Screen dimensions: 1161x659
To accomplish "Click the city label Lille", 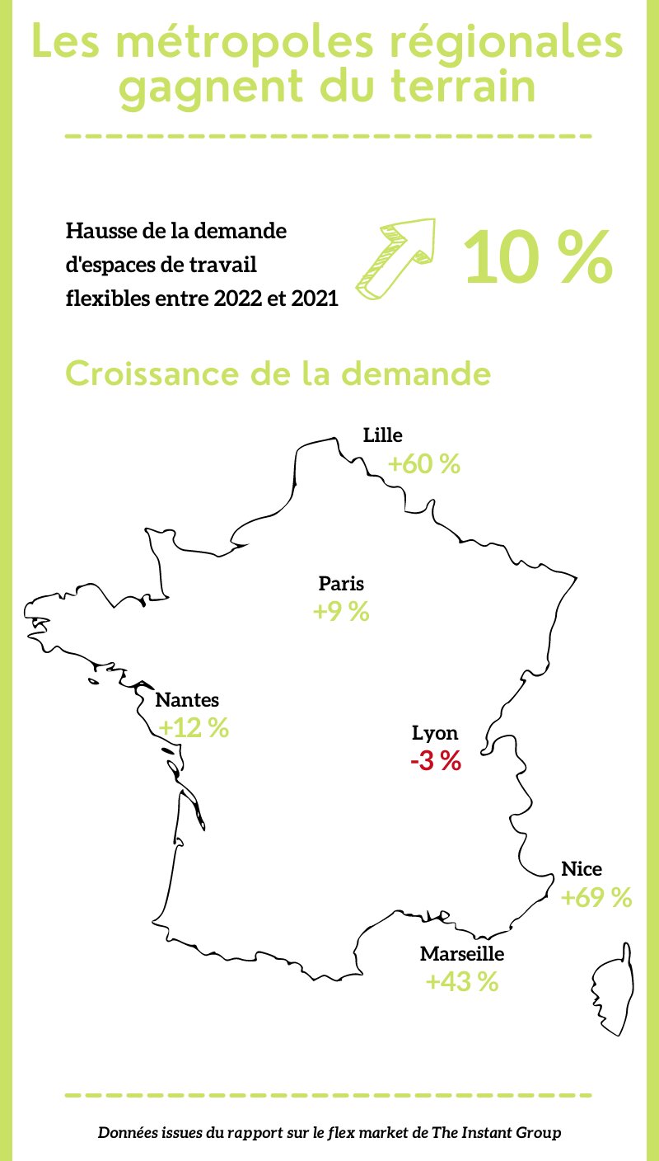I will click(x=382, y=435).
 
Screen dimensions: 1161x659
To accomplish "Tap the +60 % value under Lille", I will click(x=423, y=464).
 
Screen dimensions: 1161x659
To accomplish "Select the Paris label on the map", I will click(x=341, y=584).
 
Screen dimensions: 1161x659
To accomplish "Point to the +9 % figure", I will click(x=340, y=613).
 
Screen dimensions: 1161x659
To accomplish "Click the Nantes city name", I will click(x=187, y=700).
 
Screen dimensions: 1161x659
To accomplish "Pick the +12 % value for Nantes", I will click(x=194, y=729).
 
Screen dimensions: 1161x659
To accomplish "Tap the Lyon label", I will click(x=435, y=732).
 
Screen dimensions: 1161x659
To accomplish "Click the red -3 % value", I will click(x=435, y=761).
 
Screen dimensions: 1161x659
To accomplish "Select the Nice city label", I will click(x=582, y=868).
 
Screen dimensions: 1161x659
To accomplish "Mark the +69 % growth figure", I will click(x=596, y=898).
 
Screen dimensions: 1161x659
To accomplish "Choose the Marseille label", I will click(x=461, y=954).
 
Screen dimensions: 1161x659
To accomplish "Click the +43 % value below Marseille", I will click(x=461, y=983).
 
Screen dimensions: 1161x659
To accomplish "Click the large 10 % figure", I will click(x=538, y=257).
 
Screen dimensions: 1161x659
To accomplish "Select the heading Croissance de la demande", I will click(x=278, y=374).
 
